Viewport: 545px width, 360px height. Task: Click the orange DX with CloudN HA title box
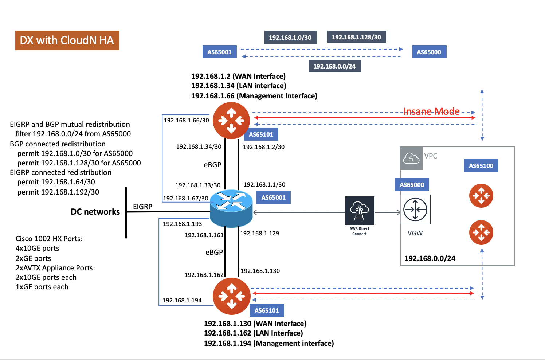click(x=67, y=40)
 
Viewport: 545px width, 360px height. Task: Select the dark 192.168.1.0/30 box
click(x=290, y=38)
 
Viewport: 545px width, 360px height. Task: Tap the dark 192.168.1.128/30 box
click(x=356, y=37)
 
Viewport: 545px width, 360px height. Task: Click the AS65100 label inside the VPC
click(x=481, y=166)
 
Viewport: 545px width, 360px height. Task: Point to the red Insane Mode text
click(x=431, y=111)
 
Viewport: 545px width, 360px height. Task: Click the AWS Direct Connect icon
click(x=359, y=211)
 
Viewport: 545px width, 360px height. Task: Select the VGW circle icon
click(x=415, y=210)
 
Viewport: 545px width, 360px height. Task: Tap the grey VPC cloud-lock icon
click(x=411, y=159)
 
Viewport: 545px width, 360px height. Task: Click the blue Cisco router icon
click(x=231, y=208)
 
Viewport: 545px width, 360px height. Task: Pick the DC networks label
click(x=95, y=212)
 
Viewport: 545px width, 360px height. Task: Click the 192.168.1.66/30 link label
click(x=186, y=120)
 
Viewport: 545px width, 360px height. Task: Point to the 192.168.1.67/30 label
click(x=185, y=198)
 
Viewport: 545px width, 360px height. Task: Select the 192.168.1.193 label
click(x=182, y=224)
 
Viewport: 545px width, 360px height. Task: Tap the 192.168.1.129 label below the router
click(x=259, y=233)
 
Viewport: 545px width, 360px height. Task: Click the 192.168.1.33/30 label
click(x=198, y=185)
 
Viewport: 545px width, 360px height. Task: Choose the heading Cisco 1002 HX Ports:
click(x=49, y=239)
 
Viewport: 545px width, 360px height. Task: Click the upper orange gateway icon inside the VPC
click(x=481, y=196)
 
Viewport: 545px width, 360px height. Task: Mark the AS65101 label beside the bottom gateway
click(x=267, y=310)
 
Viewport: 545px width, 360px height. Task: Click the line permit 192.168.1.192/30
click(x=58, y=192)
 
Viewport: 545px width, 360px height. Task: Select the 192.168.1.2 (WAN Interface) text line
click(x=238, y=76)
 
